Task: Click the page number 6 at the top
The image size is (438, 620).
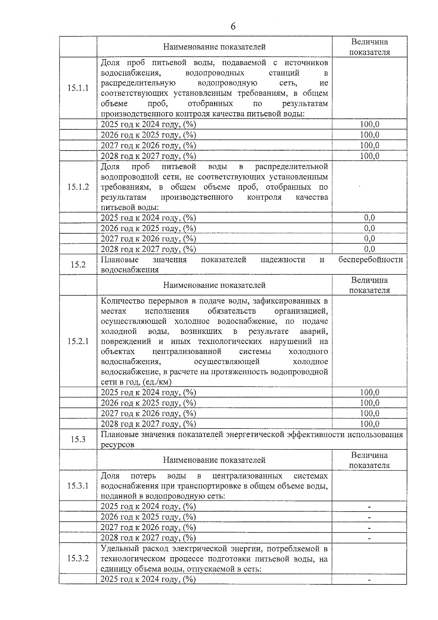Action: [x=233, y=26]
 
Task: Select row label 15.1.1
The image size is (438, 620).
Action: [x=78, y=88]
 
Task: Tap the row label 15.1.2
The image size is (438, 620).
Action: [x=78, y=187]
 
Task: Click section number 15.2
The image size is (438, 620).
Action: [x=78, y=265]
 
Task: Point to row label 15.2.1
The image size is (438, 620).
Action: [x=78, y=342]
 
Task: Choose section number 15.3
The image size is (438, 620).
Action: [x=78, y=439]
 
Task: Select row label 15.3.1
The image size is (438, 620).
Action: [x=78, y=486]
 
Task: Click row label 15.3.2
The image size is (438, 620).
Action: [x=78, y=559]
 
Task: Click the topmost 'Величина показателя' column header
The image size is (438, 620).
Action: [x=369, y=47]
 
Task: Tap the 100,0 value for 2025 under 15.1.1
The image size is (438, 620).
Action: [x=369, y=125]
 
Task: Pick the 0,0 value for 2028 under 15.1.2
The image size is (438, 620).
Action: [x=369, y=249]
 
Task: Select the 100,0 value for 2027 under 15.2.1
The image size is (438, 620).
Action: [x=369, y=414]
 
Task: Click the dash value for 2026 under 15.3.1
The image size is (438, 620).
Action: [x=369, y=517]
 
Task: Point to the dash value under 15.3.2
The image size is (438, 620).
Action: [x=369, y=580]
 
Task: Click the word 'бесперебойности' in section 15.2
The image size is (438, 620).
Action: [x=370, y=259]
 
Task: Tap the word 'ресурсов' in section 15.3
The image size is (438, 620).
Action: [x=117, y=445]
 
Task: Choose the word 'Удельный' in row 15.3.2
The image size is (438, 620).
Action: [x=116, y=548]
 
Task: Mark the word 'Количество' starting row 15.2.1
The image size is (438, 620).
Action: [x=122, y=301]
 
